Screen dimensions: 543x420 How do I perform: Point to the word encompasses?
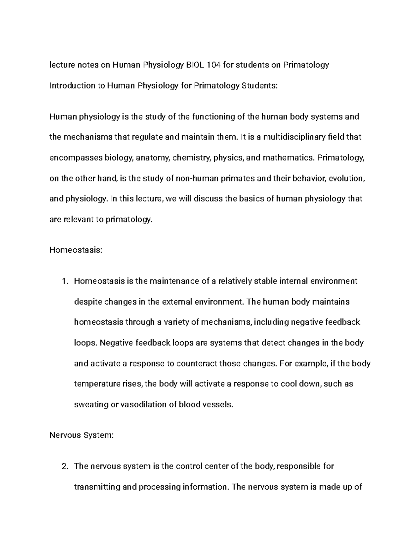point(76,158)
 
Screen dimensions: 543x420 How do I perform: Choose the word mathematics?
point(288,158)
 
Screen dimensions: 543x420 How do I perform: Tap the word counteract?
point(197,363)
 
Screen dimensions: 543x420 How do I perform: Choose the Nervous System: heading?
point(82,435)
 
